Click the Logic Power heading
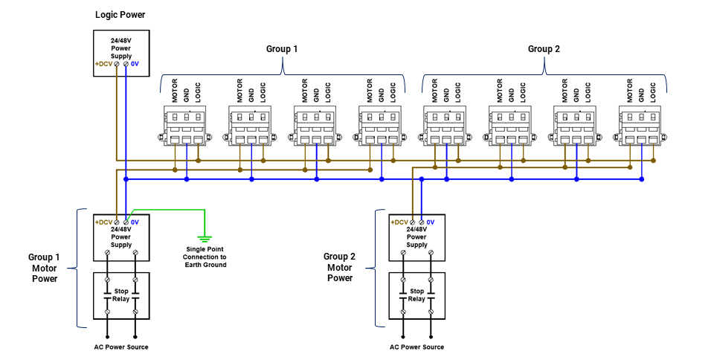point(120,15)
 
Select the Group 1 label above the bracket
point(282,49)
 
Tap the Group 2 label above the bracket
point(544,49)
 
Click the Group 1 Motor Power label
point(44,268)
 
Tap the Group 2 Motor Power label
point(340,267)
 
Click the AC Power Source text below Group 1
point(121,347)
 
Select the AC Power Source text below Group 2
point(416,347)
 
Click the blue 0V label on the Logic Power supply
point(135,65)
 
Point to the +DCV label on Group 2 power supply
point(399,222)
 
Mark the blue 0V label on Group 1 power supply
point(135,222)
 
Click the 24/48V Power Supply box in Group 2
point(416,237)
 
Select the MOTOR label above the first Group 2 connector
point(436,91)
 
